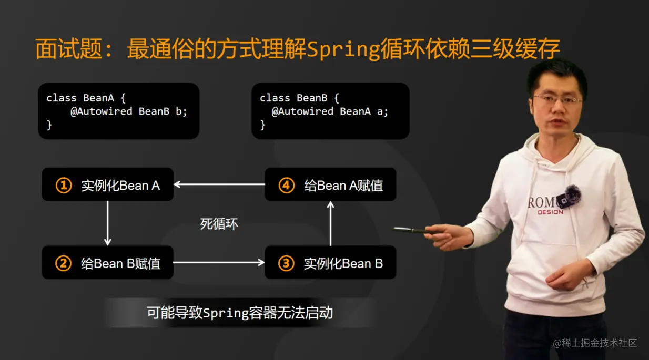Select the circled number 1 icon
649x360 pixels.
click(x=64, y=185)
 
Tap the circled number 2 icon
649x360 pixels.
click(x=64, y=263)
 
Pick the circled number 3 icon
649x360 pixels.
click(x=286, y=263)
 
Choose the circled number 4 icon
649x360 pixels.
click(x=286, y=185)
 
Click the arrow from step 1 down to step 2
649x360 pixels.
click(x=108, y=223)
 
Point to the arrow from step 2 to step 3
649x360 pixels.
click(x=219, y=262)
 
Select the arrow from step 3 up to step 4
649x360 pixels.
click(x=330, y=223)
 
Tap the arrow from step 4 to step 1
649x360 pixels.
click(x=219, y=184)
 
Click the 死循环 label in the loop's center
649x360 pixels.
click(x=219, y=224)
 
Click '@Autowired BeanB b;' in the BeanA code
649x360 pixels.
click(x=129, y=111)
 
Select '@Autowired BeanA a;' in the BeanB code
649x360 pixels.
click(x=330, y=111)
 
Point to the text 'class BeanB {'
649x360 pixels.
click(x=300, y=98)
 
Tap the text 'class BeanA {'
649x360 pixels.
click(x=86, y=98)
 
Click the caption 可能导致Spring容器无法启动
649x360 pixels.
click(x=240, y=313)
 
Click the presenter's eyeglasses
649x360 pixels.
click(x=557, y=99)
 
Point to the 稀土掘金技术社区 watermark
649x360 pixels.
click(x=595, y=343)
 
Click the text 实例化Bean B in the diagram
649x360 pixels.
click(x=343, y=263)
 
